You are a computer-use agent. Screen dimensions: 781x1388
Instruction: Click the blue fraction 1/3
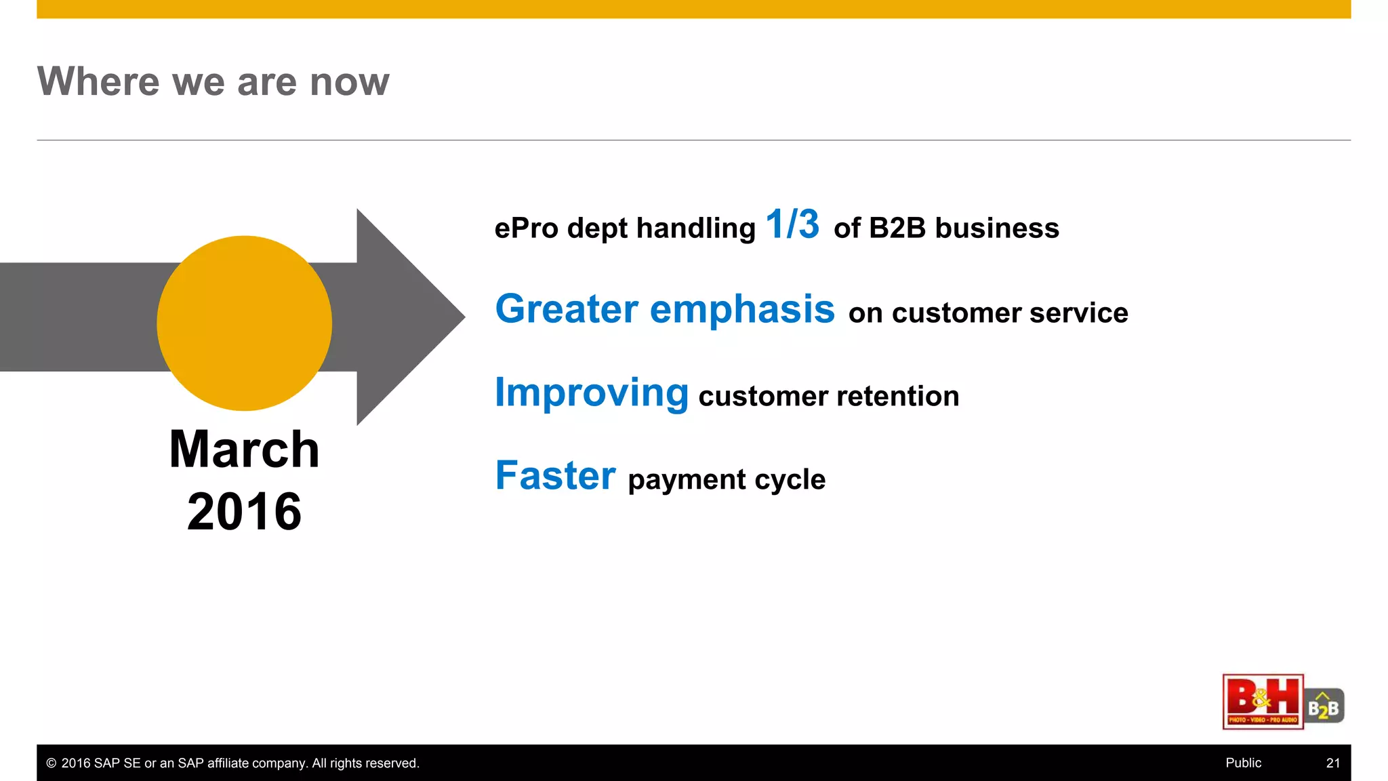click(792, 224)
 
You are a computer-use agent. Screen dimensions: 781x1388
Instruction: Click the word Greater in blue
click(567, 309)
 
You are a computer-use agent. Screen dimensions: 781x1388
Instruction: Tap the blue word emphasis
click(742, 309)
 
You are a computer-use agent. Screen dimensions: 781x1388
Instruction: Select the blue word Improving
click(591, 393)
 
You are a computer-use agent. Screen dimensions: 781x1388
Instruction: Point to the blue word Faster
click(555, 475)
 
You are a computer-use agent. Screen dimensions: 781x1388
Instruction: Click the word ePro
click(527, 228)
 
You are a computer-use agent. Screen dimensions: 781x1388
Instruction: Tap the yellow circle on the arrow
click(244, 323)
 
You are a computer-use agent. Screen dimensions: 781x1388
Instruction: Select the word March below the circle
click(244, 449)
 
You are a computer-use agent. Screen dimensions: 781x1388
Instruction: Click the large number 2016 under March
click(244, 512)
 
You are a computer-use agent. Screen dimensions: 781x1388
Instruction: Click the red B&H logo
click(1263, 702)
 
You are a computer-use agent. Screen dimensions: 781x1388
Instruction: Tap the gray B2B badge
click(1324, 706)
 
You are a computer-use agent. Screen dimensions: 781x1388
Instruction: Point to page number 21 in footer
click(1332, 763)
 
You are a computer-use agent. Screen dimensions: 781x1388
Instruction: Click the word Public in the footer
click(1243, 763)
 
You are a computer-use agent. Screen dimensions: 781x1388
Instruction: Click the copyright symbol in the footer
click(51, 763)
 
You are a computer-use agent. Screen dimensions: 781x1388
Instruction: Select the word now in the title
click(349, 82)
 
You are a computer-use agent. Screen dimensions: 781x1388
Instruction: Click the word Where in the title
click(98, 82)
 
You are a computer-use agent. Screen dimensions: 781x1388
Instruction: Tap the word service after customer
click(1078, 313)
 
